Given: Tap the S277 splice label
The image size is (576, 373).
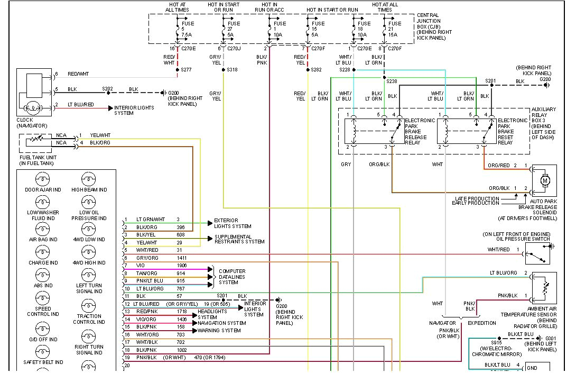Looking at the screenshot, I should point(187,69).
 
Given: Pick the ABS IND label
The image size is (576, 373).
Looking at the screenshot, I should point(43,286).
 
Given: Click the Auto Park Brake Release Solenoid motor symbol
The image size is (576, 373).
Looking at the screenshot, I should point(544,181).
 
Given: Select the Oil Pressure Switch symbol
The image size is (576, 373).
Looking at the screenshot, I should point(538,254).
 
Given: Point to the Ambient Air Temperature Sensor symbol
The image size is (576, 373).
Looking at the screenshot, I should point(544,288).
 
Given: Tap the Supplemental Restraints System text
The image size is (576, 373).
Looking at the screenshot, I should point(239,239).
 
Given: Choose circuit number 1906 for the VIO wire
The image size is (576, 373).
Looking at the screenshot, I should point(182,266).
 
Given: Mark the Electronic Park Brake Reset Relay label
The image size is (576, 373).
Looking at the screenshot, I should point(512,131).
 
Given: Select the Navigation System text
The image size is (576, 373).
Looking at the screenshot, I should point(222,323).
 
